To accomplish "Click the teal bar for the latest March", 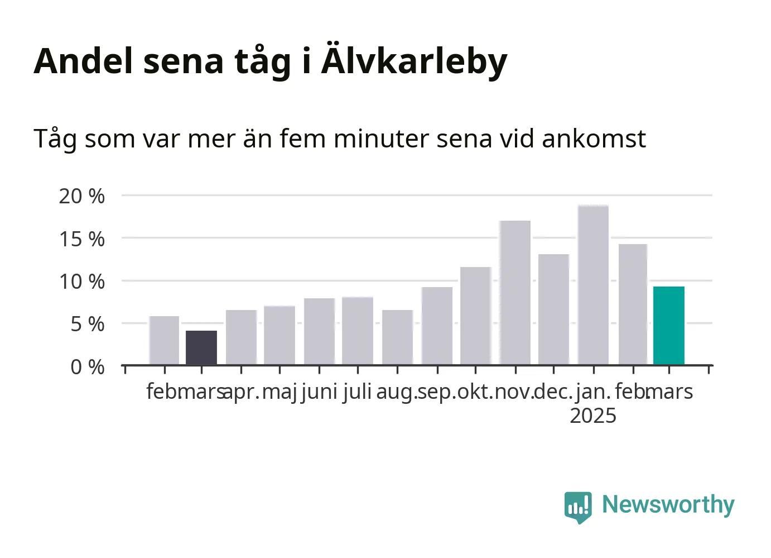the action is pos(669,325).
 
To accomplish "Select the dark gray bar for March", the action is pos(201,347).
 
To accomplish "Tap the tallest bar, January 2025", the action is pos(594,285).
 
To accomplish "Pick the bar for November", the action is pos(515,293).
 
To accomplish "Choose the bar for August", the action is pos(398,337).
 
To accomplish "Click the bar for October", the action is pos(476,316).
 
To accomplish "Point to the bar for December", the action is pos(553,309).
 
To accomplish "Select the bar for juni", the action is pos(320,332).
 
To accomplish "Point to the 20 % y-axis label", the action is pos(81,197).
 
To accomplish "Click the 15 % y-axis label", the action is pos(81,239).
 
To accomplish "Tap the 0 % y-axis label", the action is pos(88,367).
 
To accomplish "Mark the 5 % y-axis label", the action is pos(88,325).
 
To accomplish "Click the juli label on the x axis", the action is pos(357,392).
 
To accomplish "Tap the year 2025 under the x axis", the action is pos(593,416).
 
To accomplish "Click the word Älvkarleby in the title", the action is pos(414,61).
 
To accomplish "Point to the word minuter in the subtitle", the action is pos(381,139).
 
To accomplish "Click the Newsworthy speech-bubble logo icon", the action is pos(578,508).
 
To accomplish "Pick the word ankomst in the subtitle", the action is pos(594,139).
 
